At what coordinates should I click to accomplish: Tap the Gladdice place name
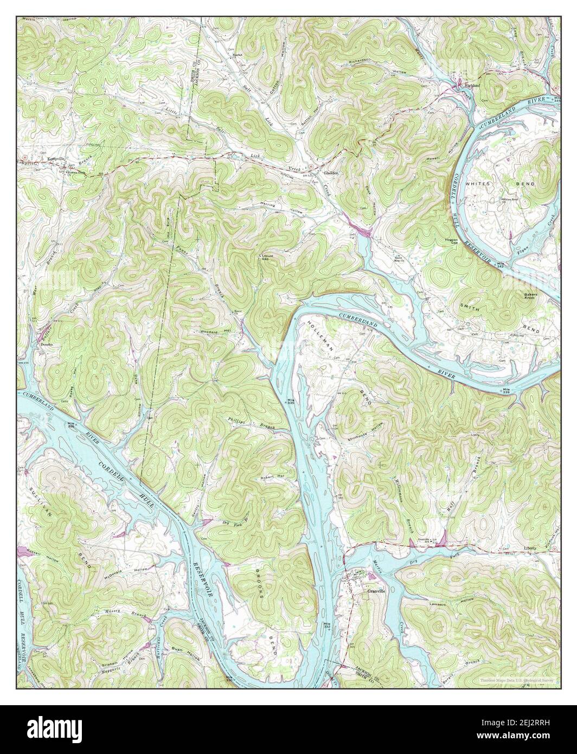(x=331, y=173)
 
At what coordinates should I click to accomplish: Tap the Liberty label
(x=530, y=548)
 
